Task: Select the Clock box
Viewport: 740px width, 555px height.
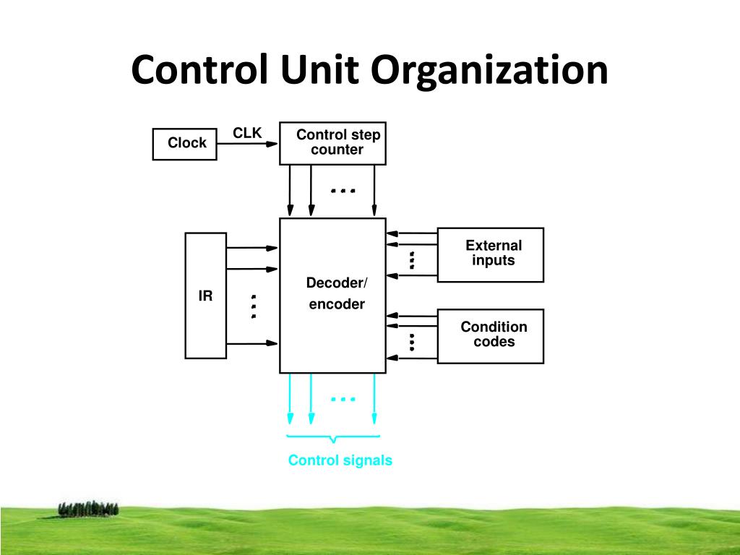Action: click(184, 143)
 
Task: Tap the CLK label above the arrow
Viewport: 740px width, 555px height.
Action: click(246, 133)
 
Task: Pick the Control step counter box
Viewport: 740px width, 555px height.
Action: click(332, 143)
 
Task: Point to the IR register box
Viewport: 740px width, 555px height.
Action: click(206, 296)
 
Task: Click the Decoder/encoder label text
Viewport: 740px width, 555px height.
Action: click(337, 293)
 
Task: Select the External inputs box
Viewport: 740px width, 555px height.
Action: click(491, 254)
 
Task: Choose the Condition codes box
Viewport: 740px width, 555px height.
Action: click(492, 335)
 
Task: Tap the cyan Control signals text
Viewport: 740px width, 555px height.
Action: click(340, 460)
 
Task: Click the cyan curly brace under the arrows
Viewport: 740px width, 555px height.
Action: click(333, 438)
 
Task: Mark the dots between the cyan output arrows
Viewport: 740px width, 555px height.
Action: click(343, 399)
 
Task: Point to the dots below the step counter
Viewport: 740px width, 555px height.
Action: click(343, 192)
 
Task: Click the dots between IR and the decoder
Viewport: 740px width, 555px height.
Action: click(254, 306)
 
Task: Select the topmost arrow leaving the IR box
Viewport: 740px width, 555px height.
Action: click(252, 248)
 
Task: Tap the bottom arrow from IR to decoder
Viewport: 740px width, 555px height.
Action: click(252, 343)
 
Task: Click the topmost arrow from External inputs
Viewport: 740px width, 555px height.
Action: click(412, 233)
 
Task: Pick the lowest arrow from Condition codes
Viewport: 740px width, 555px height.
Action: click(412, 356)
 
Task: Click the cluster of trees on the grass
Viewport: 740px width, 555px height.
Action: click(88, 508)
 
